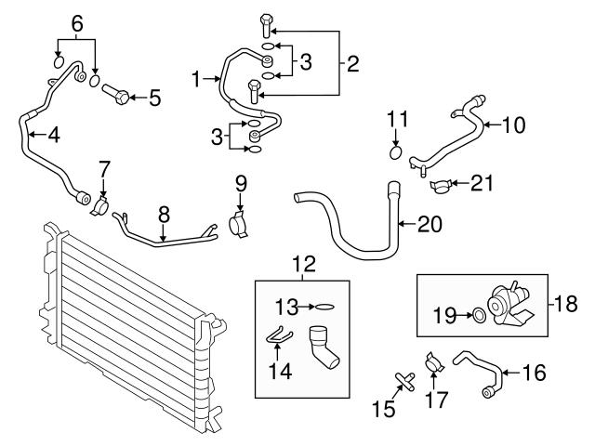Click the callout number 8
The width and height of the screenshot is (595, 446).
click(164, 213)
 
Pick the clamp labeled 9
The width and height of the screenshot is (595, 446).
click(239, 224)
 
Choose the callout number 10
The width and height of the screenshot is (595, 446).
click(515, 123)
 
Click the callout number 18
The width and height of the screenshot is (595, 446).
click(564, 303)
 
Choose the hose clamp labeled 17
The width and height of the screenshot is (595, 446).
click(432, 362)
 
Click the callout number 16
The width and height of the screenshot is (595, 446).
click(535, 374)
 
